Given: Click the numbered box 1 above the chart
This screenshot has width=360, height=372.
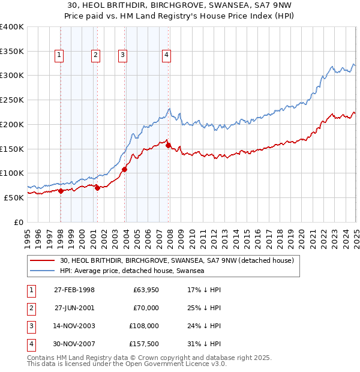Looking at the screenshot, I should [x=60, y=56].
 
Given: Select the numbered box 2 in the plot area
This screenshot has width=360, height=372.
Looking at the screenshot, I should [x=95, y=56].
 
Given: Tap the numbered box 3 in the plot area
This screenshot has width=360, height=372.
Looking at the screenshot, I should [x=122, y=56].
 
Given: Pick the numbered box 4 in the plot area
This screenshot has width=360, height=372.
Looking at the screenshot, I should [x=166, y=56].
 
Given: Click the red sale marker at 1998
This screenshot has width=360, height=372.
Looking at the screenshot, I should [x=61, y=191].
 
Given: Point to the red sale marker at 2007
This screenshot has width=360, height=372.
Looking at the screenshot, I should [x=168, y=145].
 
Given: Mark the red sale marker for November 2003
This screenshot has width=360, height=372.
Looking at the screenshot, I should [x=125, y=169].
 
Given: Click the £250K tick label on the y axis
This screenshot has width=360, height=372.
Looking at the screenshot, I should [x=12, y=100].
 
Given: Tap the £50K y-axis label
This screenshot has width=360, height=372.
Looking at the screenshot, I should [x=14, y=197].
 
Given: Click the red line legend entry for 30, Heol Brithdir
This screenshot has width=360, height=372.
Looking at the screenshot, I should [x=176, y=260].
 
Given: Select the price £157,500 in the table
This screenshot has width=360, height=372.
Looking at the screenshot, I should [x=144, y=344].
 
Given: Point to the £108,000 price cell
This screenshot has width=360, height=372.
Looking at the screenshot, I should [x=144, y=326].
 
